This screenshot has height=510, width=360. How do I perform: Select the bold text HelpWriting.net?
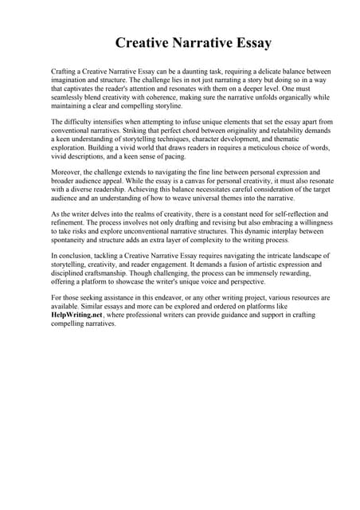(80, 316)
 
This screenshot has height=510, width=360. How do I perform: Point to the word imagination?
(71, 80)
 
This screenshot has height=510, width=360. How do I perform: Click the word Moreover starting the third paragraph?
(68, 172)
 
